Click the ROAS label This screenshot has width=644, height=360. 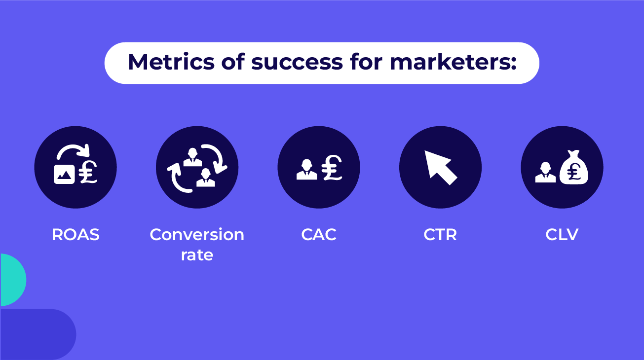[76, 235]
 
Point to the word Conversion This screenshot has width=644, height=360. [197, 235]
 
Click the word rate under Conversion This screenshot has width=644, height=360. [197, 255]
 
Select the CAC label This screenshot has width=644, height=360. [319, 235]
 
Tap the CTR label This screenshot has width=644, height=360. [440, 235]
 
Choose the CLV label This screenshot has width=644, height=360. [562, 235]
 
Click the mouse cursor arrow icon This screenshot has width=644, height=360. [439, 166]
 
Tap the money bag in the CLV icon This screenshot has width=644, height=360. [574, 168]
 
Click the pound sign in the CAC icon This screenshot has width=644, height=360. [332, 168]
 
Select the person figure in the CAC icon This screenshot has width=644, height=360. [306, 169]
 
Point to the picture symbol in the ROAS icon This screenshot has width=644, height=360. [64, 174]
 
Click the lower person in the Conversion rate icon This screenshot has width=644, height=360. [205, 177]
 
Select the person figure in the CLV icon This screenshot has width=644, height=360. [545, 172]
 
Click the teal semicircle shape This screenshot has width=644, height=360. [12, 280]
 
